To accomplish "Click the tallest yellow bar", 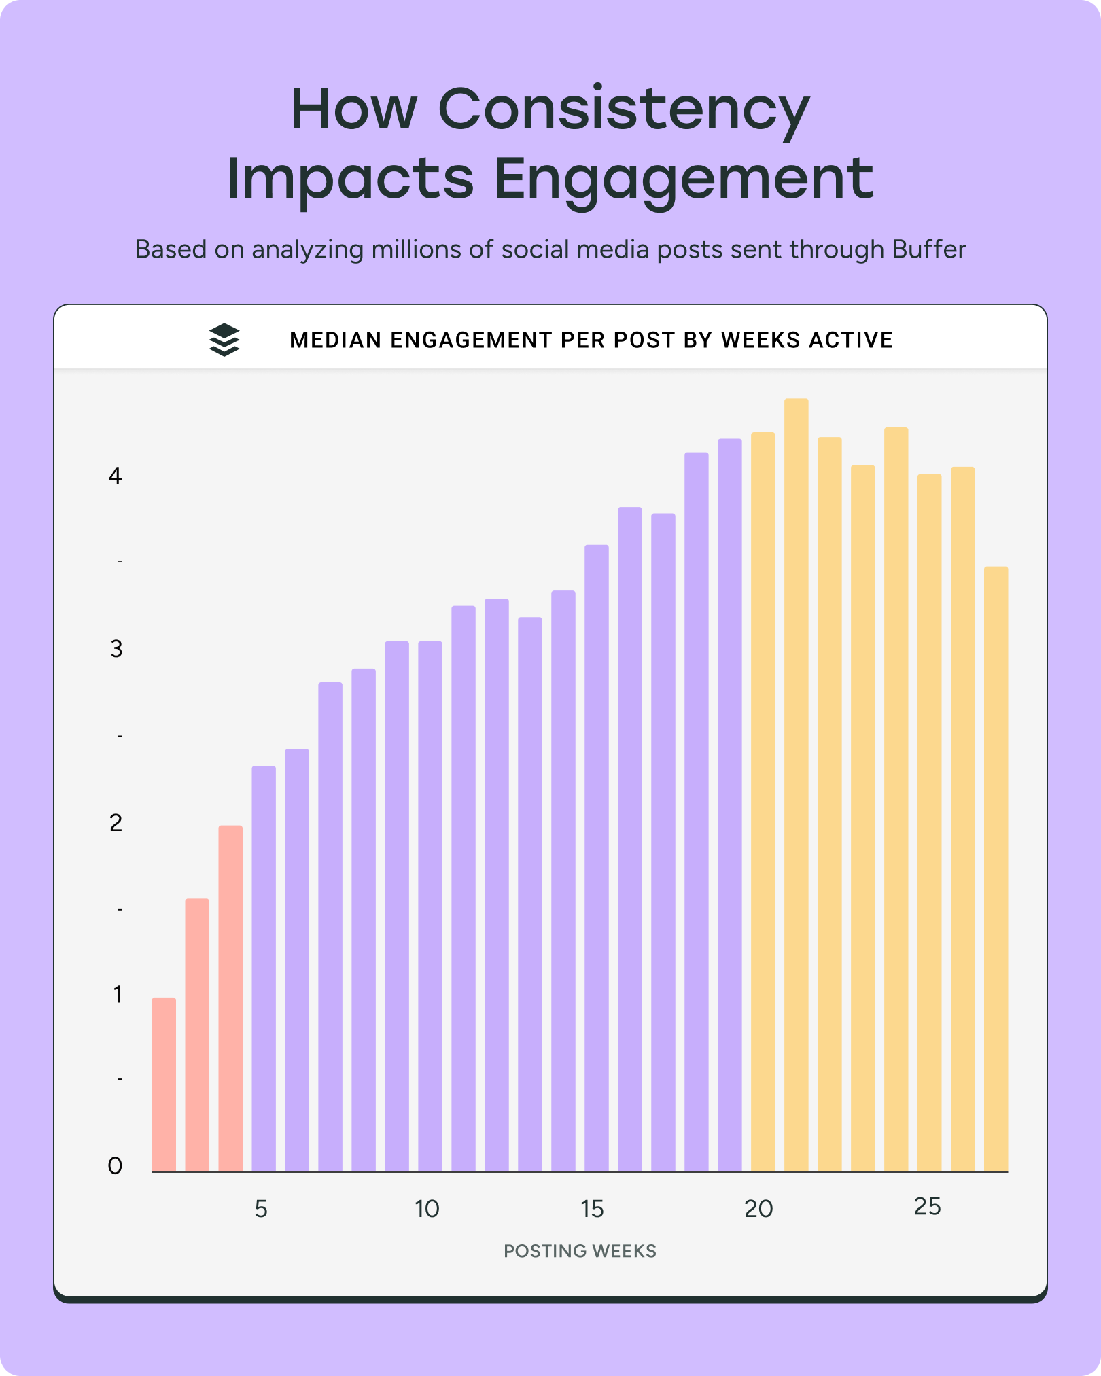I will (796, 781).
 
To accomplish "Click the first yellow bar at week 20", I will (763, 802).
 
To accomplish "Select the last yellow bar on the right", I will (996, 870).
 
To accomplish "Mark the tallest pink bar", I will (230, 999).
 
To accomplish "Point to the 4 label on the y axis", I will (116, 476).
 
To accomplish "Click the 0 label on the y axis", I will (116, 1166).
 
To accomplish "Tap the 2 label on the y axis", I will (116, 823).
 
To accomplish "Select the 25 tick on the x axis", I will (927, 1207).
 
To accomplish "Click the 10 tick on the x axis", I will (427, 1209).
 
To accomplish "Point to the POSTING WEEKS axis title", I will (580, 1251).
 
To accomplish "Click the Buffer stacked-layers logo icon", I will (224, 340).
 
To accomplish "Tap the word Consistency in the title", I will (624, 109).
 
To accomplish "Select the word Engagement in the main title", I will (683, 179).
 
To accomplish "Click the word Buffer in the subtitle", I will (928, 249).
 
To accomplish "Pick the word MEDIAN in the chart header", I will (336, 340).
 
